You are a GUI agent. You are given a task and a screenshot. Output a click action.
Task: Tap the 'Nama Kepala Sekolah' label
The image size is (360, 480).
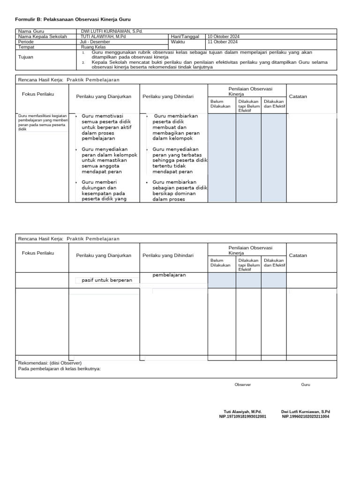[x=42, y=37]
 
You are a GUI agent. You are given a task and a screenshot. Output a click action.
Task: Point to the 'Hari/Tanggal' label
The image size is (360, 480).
[x=185, y=37]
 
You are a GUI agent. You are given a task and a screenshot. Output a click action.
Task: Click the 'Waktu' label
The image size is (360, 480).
[x=179, y=42]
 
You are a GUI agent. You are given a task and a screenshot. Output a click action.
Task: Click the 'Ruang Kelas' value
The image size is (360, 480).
[x=93, y=47]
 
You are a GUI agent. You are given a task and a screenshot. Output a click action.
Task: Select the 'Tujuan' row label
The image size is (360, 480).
[x=25, y=57]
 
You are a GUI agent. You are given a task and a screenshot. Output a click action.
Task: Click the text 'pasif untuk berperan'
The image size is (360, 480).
[x=107, y=280]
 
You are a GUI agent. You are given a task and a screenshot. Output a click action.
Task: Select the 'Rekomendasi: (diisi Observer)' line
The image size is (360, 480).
[x=50, y=363]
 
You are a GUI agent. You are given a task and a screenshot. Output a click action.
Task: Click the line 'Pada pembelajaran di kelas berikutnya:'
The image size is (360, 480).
[x=59, y=368]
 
